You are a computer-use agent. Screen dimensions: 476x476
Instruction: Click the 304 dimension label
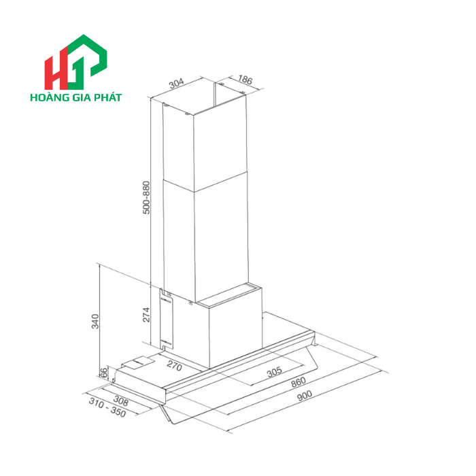(x=176, y=84)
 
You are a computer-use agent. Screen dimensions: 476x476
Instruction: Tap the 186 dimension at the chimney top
(x=245, y=81)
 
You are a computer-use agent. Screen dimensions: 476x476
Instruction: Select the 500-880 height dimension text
(x=146, y=198)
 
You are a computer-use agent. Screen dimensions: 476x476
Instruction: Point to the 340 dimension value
(x=96, y=320)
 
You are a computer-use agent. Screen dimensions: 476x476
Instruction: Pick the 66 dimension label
(x=104, y=373)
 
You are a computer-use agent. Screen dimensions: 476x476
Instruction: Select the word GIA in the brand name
(x=82, y=97)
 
